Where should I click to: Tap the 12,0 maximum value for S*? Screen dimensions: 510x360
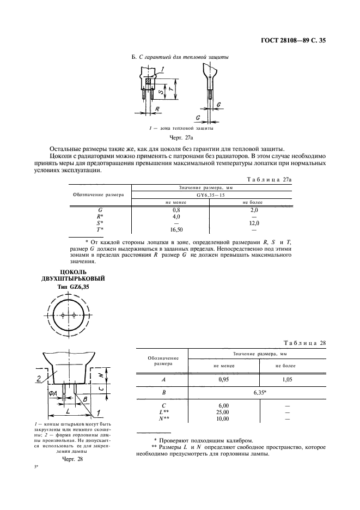[x=253, y=222]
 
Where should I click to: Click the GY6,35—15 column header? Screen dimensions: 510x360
[x=211, y=194]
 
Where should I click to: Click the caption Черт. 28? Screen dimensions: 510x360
[x=72, y=459]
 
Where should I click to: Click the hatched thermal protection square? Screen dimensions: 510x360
[x=148, y=83]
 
